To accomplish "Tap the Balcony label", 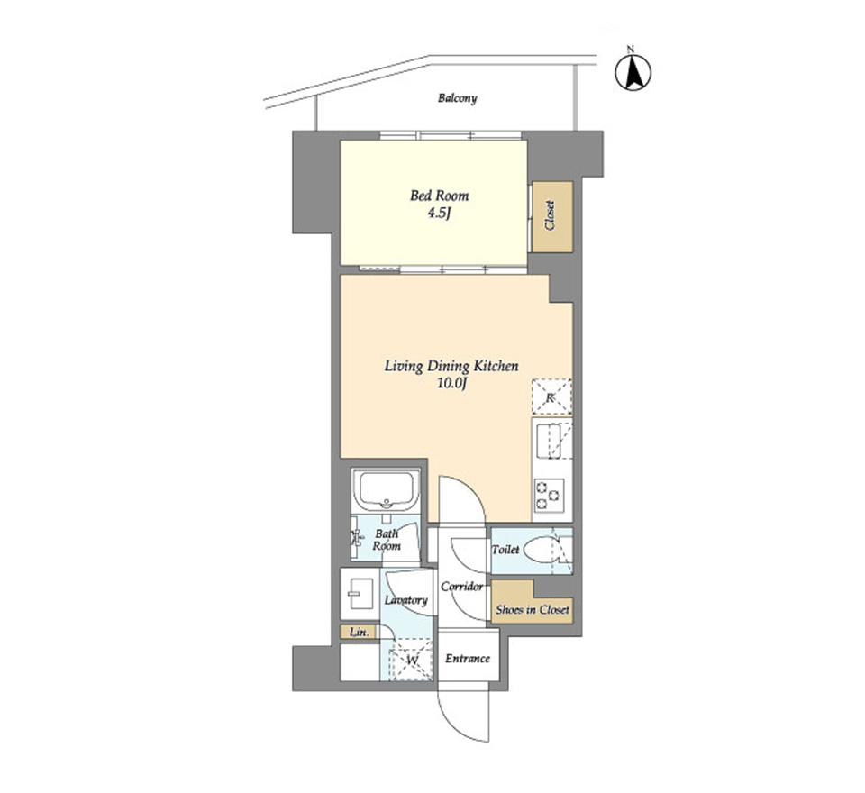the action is point(458,98).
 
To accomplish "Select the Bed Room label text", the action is point(439,196).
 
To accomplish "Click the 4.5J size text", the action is point(439,213).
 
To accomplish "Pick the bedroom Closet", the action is point(552,217).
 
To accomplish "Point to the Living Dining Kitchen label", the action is point(451,366).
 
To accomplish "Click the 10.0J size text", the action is point(452,384).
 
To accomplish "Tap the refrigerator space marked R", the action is point(551,396).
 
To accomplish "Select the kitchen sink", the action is point(551,441).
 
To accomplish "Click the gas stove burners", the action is point(550,495).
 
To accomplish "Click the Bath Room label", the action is point(387,540).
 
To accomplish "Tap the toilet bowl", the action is point(541,551).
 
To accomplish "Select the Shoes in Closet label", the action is point(533,610).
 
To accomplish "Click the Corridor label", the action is point(462,587).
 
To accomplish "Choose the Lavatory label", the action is point(406,600).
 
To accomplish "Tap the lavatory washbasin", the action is point(360,593).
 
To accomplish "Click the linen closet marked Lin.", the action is point(360,633).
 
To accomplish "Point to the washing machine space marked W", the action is point(412,660).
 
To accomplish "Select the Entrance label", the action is point(468,659).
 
